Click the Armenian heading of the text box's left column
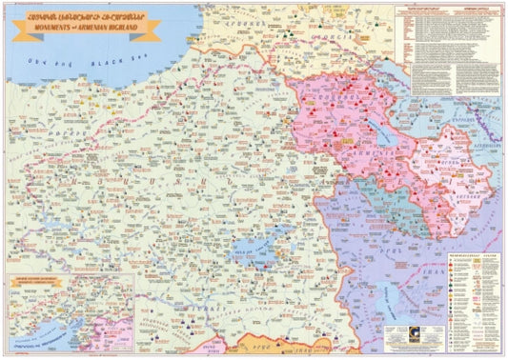[422, 10]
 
